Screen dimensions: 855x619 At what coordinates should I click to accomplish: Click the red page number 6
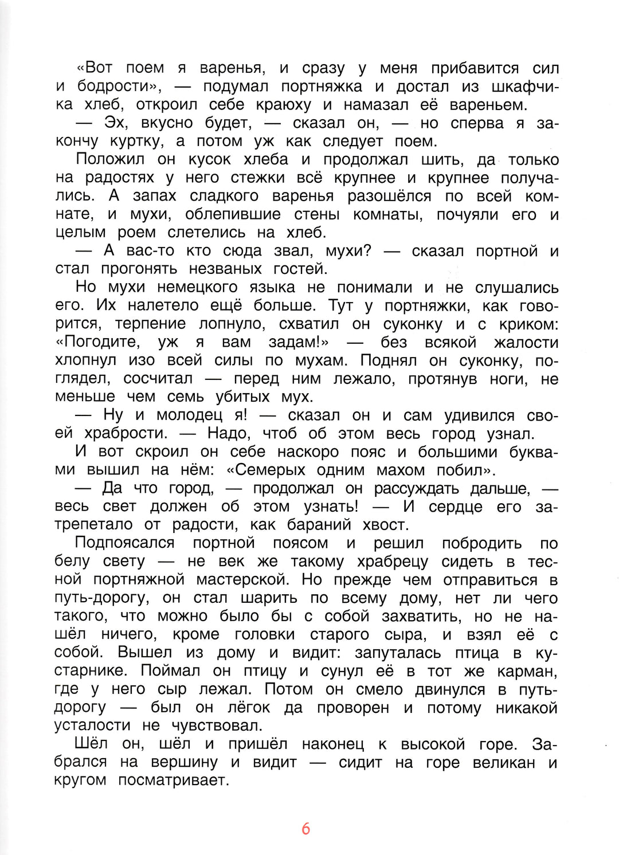pos(305,829)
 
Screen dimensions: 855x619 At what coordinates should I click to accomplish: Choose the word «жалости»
pos(526,342)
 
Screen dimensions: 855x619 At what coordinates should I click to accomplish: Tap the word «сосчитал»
pos(158,379)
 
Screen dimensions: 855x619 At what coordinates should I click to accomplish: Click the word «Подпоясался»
pos(124,543)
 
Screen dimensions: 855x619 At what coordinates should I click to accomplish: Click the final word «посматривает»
pos(174,781)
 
